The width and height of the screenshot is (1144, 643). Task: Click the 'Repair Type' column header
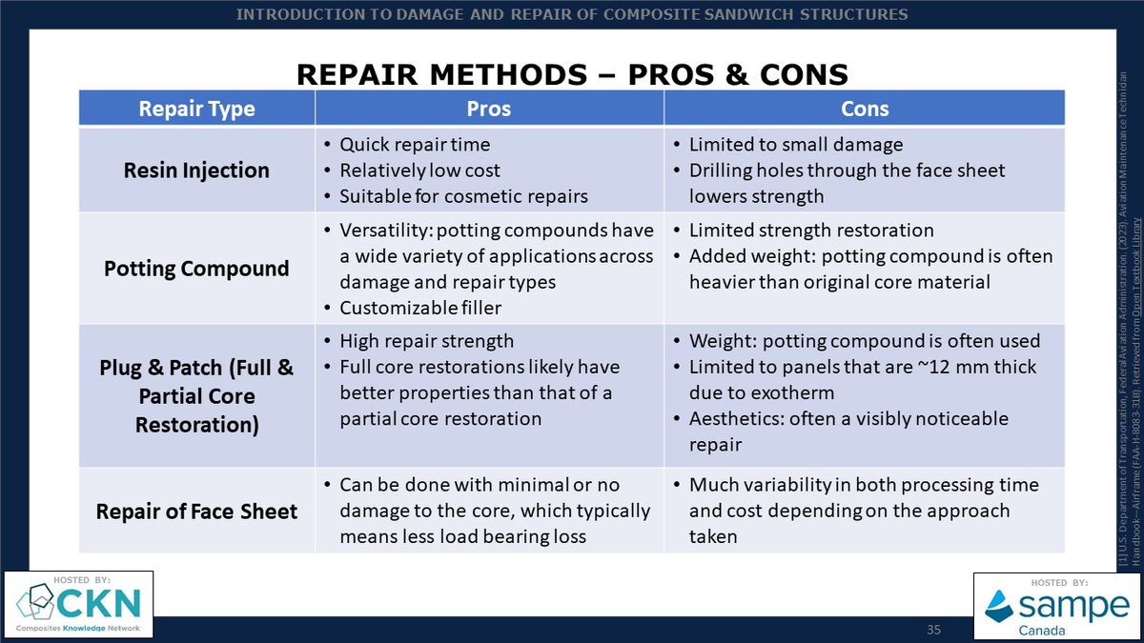pos(196,109)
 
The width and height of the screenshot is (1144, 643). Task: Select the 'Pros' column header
pos(489,109)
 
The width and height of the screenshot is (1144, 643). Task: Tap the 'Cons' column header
pos(865,109)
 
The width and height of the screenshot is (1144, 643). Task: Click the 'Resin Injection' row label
pos(196,171)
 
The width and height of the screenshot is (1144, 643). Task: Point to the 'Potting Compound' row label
pos(196,269)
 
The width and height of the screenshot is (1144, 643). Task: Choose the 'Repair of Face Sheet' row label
pos(196,512)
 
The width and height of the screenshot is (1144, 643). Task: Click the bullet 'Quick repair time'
pos(415,145)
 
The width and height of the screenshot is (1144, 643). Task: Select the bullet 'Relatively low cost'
pos(419,171)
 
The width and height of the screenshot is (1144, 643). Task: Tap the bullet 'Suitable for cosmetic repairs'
pos(463,196)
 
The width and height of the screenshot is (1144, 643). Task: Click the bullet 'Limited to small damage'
pos(795,145)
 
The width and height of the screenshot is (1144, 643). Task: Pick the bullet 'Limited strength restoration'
pos(811,231)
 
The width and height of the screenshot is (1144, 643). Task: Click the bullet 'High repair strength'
pos(426,341)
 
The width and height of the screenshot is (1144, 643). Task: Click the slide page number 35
pos(933,630)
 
